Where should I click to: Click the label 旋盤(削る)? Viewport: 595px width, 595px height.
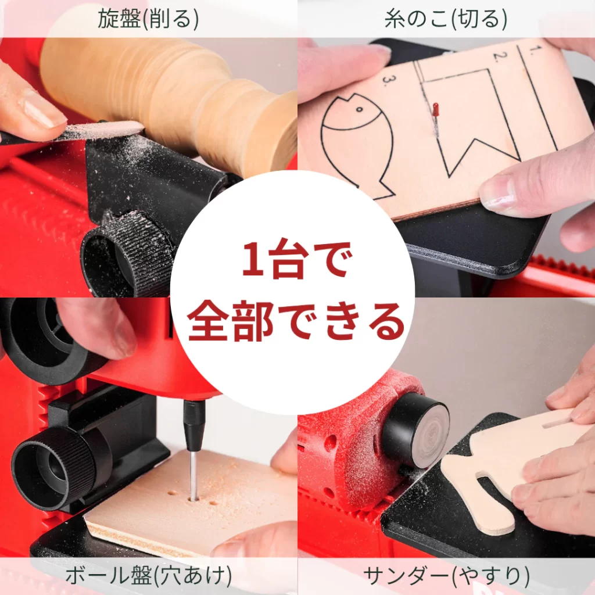tap(148, 20)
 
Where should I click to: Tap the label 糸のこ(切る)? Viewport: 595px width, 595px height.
tap(446, 20)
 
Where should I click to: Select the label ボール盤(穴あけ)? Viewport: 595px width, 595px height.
tap(148, 576)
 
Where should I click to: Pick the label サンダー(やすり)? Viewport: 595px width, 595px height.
tap(446, 576)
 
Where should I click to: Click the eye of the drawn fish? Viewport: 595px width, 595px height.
tap(359, 109)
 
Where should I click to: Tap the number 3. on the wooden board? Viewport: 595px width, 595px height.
tap(384, 80)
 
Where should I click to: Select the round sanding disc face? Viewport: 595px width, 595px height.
tap(430, 429)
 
